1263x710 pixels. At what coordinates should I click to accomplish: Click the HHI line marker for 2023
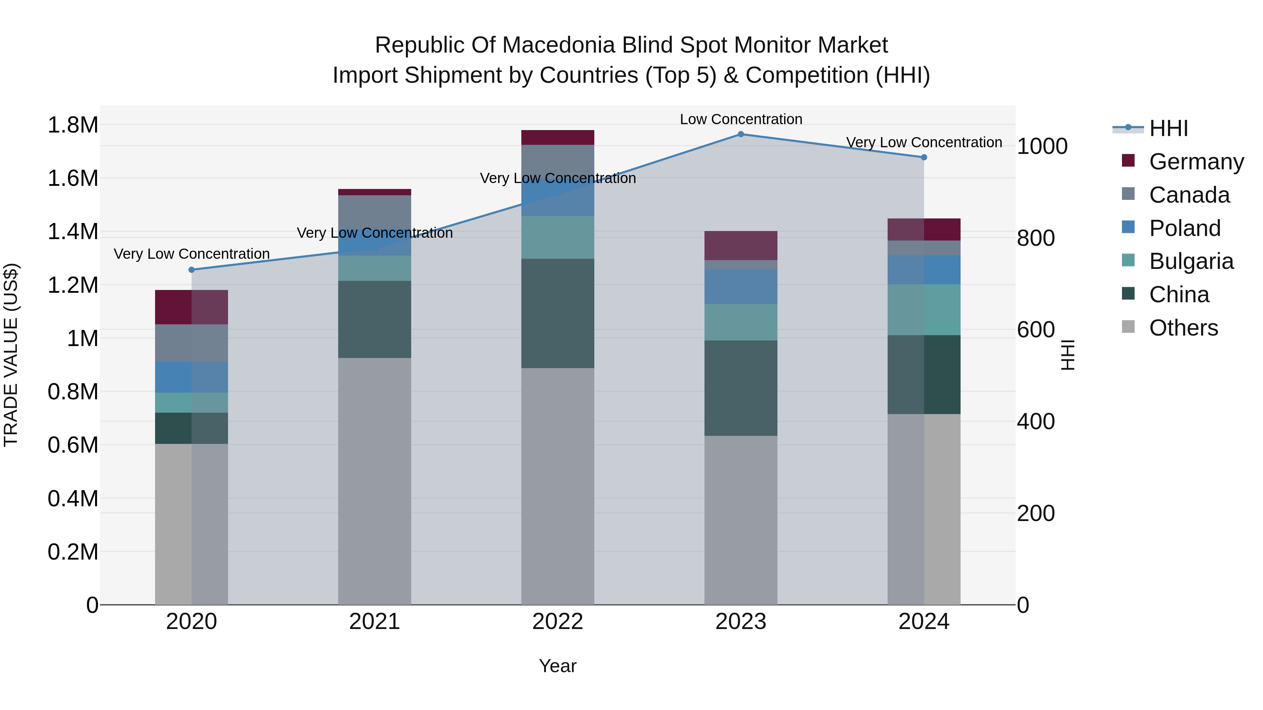coord(741,134)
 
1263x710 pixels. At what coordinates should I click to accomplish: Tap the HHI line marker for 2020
coord(192,270)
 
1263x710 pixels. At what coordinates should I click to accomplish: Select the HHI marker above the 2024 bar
coord(924,157)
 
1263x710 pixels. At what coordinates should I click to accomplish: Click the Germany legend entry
coord(1196,162)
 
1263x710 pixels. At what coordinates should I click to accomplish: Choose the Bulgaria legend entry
coord(1191,261)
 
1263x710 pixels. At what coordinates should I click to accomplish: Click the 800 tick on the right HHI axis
coord(1036,238)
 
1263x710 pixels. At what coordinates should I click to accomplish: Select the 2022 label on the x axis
coord(557,622)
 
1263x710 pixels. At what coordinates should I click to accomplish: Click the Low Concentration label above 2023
coord(741,119)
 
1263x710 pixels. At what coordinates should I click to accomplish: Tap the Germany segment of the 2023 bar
coord(741,245)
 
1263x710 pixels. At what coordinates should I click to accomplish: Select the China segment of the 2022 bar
coord(557,313)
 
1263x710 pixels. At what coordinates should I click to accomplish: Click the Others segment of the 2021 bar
coord(375,480)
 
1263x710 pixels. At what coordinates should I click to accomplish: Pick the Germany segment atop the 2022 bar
coord(557,137)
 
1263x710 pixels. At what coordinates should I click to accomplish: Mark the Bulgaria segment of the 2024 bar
coord(924,310)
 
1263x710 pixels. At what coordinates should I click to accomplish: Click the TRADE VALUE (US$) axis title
coord(11,355)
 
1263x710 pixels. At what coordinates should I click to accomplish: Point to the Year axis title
coord(557,666)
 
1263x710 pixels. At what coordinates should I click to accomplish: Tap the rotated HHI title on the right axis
coord(1067,355)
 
